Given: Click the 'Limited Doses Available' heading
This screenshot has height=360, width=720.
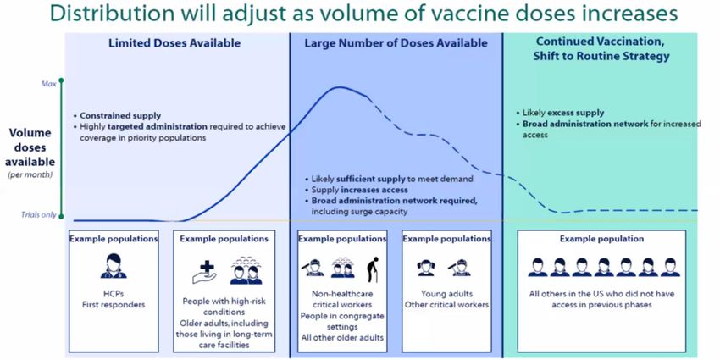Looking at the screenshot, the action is [174, 43].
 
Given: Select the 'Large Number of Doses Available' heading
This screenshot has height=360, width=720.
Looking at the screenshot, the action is [396, 43].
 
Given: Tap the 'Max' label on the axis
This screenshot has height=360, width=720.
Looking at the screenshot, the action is [49, 84].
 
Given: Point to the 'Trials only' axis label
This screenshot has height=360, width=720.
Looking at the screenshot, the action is [39, 215].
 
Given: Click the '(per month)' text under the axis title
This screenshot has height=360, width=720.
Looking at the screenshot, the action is [30, 174].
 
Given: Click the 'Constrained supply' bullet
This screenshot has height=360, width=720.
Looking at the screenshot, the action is [118, 116].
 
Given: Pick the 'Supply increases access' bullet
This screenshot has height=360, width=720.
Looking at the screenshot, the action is [357, 190].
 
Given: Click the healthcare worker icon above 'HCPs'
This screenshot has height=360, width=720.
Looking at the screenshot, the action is [114, 265].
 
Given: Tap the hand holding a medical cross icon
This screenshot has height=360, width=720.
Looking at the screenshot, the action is [204, 272].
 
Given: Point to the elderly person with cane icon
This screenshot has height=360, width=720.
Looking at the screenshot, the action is [373, 269].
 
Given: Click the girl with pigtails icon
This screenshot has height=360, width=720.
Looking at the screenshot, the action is [426, 268].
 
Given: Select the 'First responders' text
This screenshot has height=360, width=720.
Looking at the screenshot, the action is [114, 305].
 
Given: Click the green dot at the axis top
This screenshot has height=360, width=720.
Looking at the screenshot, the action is [62, 80].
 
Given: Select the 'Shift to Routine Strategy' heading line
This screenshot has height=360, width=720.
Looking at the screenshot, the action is [601, 57].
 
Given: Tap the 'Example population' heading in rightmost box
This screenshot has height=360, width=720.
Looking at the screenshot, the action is [601, 239].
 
